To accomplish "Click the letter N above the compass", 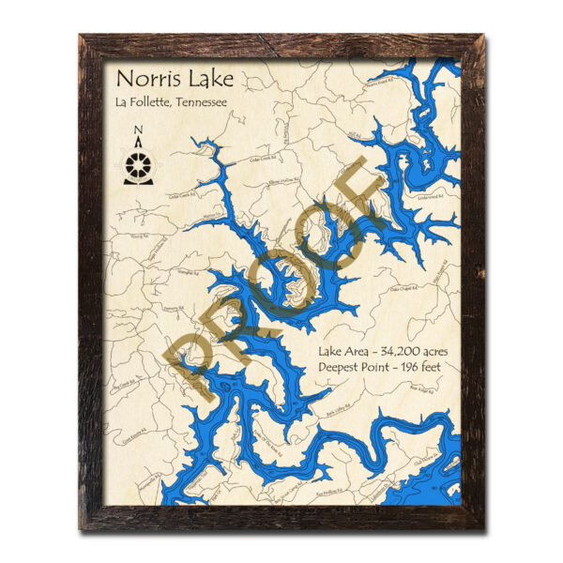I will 138,131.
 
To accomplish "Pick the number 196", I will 404,366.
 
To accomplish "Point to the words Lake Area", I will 339,351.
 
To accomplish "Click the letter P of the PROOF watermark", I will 191,361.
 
